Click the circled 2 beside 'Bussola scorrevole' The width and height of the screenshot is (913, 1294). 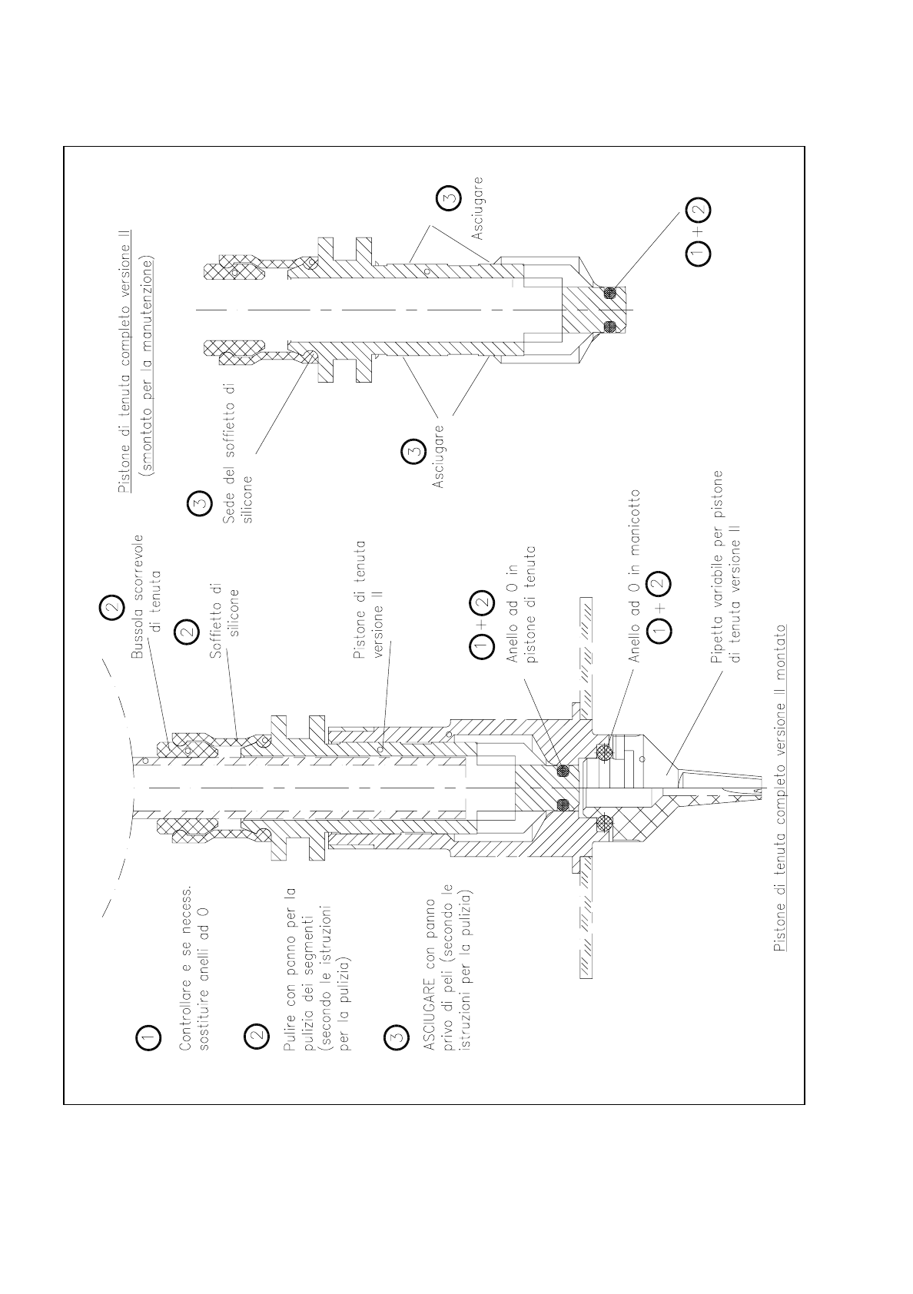click(x=112, y=608)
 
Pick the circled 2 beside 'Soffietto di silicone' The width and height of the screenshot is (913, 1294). click(x=188, y=632)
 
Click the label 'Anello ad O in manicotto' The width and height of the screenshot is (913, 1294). click(x=636, y=576)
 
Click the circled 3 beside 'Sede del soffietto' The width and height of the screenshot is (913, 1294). click(x=199, y=505)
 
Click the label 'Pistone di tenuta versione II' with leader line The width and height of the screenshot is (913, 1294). click(x=371, y=599)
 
